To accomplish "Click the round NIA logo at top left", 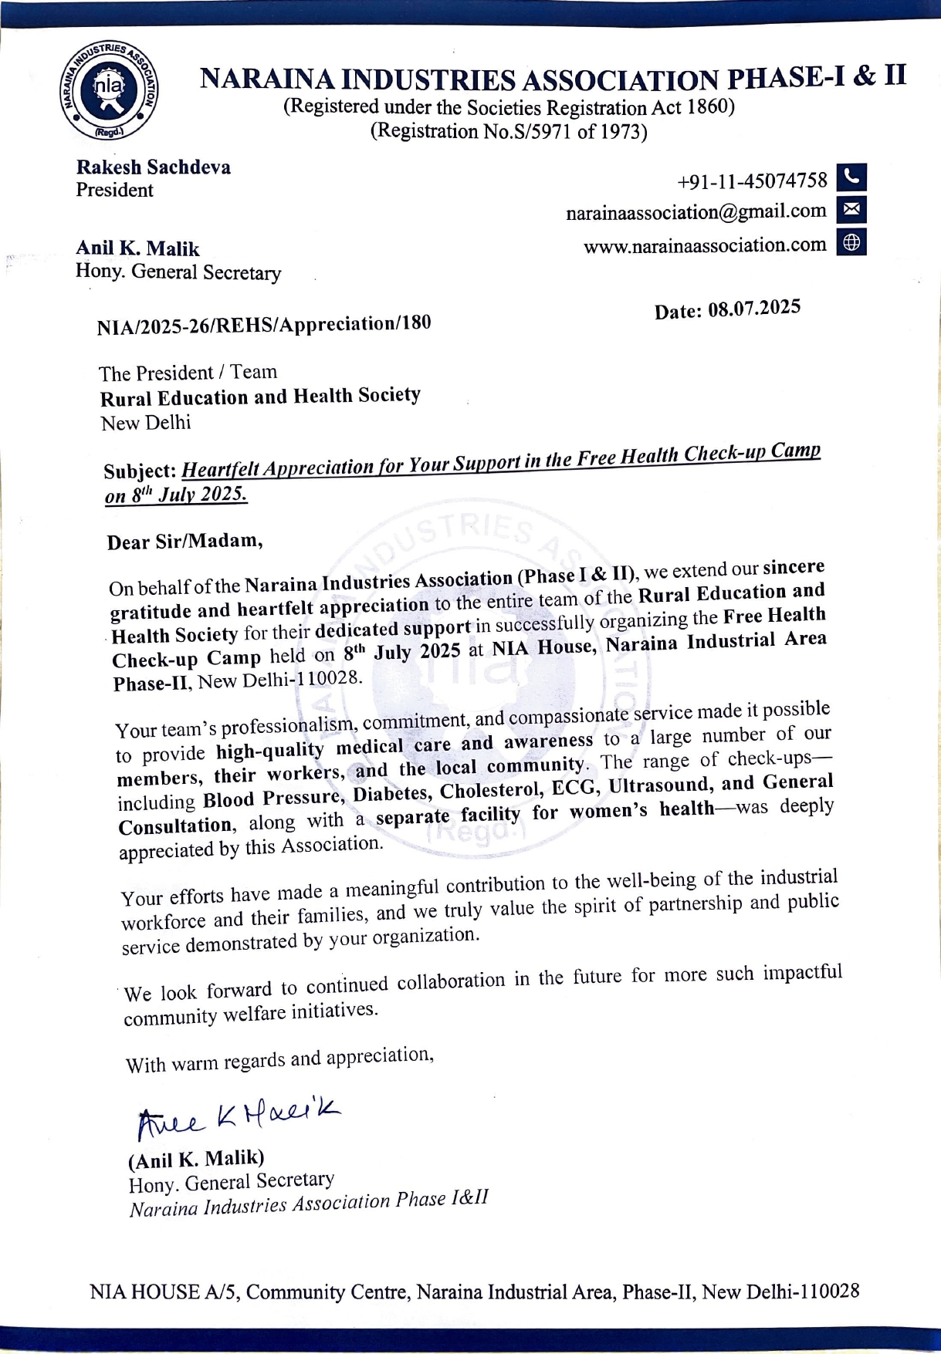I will coord(110,91).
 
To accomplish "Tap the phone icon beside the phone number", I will coord(851,177).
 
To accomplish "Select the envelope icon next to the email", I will coord(851,209).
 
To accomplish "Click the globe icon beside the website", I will coord(851,242).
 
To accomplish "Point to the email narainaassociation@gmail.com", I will coord(696,211).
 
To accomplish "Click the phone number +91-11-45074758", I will coord(752,181).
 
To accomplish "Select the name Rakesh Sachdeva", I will coord(153,167).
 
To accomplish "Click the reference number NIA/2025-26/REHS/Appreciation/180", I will coord(263,325).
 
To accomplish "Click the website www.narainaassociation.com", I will coord(704,245).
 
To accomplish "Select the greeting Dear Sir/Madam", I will coord(184,541).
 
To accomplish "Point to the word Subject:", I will coord(140,471).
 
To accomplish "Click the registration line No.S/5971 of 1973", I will coord(509,132).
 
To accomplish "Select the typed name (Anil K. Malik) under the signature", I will coord(196,1159).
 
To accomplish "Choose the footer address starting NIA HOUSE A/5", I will coord(474,1292).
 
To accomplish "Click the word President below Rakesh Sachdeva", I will coord(114,191).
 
